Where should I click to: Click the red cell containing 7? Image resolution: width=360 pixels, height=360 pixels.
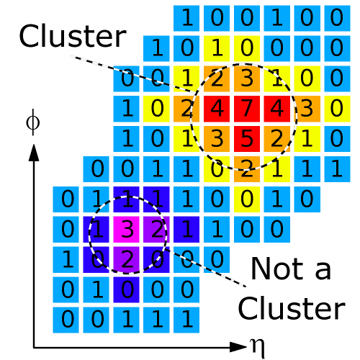pyautogui.click(x=247, y=109)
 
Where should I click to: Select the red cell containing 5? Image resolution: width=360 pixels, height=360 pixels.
pyautogui.click(x=247, y=139)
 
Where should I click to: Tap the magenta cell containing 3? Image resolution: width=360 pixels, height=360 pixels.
pyautogui.click(x=126, y=230)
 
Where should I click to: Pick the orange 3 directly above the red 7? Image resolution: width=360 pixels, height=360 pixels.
pyautogui.click(x=247, y=78)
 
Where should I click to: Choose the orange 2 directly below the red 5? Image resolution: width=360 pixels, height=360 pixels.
pyautogui.click(x=247, y=169)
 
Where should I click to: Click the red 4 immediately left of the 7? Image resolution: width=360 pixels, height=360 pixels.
pyautogui.click(x=217, y=109)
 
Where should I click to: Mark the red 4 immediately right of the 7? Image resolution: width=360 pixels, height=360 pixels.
pyautogui.click(x=277, y=109)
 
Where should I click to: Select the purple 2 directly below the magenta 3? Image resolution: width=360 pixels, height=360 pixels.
pyautogui.click(x=126, y=260)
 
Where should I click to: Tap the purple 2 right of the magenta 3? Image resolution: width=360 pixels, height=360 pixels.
pyautogui.click(x=156, y=230)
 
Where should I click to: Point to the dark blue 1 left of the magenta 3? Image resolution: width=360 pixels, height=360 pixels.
pyautogui.click(x=96, y=230)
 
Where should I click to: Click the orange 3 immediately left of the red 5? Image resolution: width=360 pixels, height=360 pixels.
pyautogui.click(x=217, y=139)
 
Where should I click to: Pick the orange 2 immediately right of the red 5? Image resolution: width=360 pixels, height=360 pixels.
pyautogui.click(x=277, y=139)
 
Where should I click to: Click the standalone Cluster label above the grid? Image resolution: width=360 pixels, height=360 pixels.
pyautogui.click(x=73, y=36)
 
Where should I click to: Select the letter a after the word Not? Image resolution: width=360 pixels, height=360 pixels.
pyautogui.click(x=323, y=271)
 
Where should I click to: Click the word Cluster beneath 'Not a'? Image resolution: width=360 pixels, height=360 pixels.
pyautogui.click(x=292, y=308)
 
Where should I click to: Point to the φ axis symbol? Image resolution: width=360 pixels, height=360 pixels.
pyautogui.click(x=33, y=122)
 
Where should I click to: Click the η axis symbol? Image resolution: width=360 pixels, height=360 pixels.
pyautogui.click(x=258, y=348)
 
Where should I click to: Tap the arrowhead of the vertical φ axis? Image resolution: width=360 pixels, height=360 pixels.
pyautogui.click(x=34, y=153)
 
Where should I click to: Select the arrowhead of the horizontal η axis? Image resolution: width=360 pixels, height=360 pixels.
pyautogui.click(x=238, y=347)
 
